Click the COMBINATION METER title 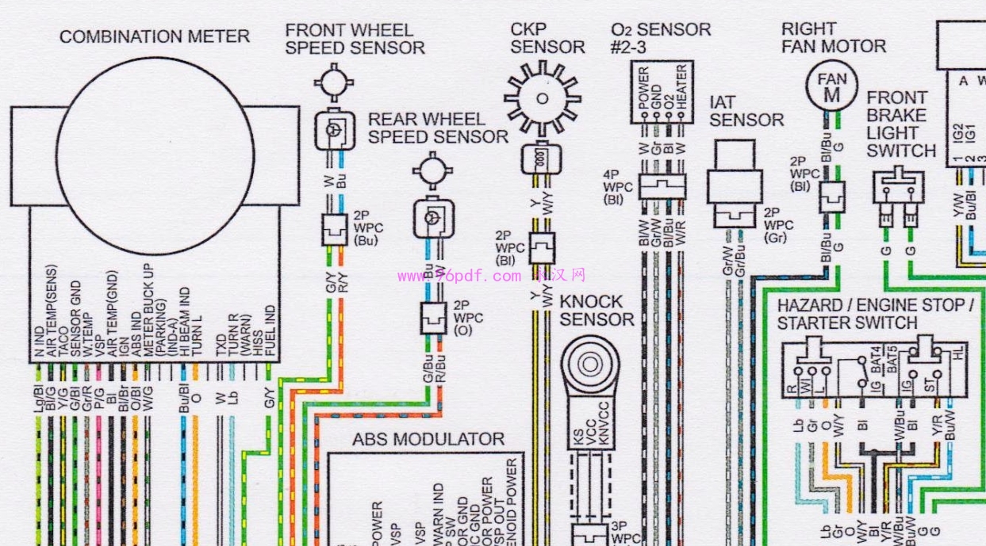pos(155,36)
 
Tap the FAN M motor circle pos(831,87)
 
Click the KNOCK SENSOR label pos(597,311)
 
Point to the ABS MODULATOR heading pos(428,439)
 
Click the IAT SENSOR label pos(746,112)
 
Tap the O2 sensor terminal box pos(661,93)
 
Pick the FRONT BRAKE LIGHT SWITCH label pos(901,124)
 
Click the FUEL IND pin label pos(270,334)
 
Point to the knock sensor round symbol pos(589,365)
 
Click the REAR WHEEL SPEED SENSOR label pos(438,128)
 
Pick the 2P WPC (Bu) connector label pos(367,228)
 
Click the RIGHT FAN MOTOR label pos(833,37)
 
